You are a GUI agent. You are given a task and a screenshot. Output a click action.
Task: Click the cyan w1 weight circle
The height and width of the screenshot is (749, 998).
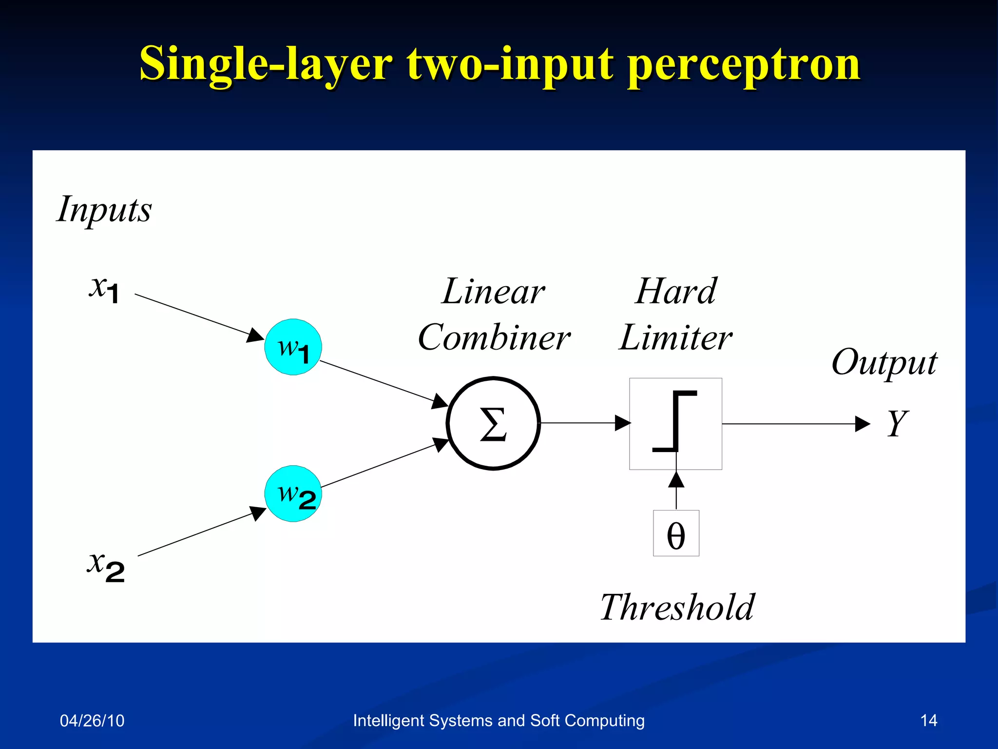click(293, 347)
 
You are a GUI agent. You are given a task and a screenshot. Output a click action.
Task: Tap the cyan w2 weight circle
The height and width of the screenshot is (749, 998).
click(293, 493)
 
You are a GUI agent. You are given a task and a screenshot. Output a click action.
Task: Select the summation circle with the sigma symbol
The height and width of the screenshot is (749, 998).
click(493, 423)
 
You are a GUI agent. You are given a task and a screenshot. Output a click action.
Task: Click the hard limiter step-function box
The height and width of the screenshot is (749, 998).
click(675, 423)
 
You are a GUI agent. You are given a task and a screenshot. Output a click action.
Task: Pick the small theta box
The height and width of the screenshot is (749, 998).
click(676, 533)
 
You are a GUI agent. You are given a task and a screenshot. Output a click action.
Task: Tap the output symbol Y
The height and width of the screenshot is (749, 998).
click(897, 423)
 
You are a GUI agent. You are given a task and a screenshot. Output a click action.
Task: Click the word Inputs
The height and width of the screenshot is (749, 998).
click(104, 210)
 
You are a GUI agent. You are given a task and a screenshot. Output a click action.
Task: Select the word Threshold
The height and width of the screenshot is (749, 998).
click(677, 608)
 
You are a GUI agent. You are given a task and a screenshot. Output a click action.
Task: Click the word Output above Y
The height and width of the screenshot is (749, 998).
click(884, 363)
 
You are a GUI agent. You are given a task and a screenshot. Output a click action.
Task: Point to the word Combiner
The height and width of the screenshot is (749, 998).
click(494, 337)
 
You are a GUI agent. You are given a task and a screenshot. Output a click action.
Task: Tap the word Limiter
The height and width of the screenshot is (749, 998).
click(675, 337)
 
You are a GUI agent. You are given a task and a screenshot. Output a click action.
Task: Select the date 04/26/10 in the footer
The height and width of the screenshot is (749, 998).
click(92, 721)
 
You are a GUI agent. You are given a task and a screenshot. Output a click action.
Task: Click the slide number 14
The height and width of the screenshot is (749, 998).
click(928, 721)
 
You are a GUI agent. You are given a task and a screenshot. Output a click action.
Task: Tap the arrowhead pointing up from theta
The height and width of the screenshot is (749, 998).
click(676, 480)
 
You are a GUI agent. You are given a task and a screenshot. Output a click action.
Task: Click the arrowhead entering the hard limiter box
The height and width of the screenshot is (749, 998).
click(622, 423)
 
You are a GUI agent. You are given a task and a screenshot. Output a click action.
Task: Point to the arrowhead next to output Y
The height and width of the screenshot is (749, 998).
click(862, 424)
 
